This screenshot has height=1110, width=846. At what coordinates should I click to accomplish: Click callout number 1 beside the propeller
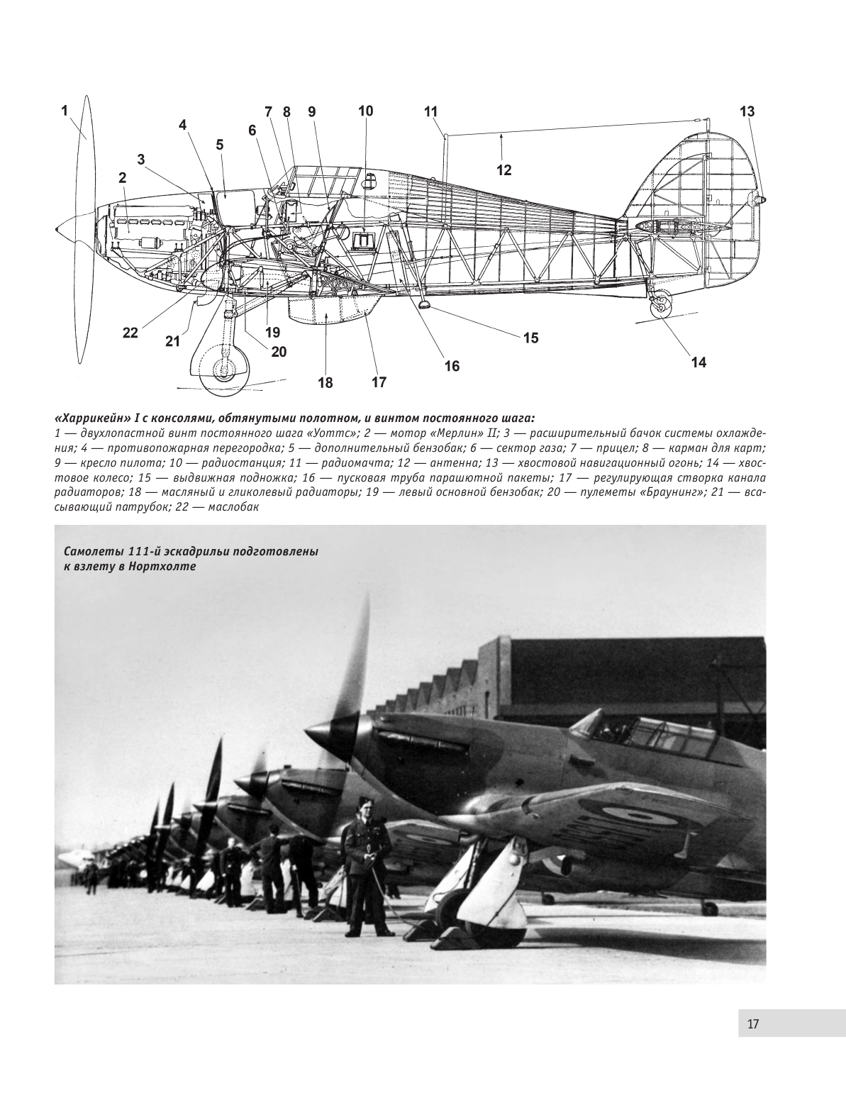(64, 111)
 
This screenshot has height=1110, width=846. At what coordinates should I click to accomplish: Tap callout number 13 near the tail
(747, 112)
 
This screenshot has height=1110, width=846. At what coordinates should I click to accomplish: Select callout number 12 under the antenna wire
(503, 170)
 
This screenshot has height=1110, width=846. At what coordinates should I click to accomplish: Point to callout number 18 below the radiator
(325, 383)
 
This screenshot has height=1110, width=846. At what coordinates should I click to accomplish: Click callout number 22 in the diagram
(130, 333)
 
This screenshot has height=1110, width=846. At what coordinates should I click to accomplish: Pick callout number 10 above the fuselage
(365, 111)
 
